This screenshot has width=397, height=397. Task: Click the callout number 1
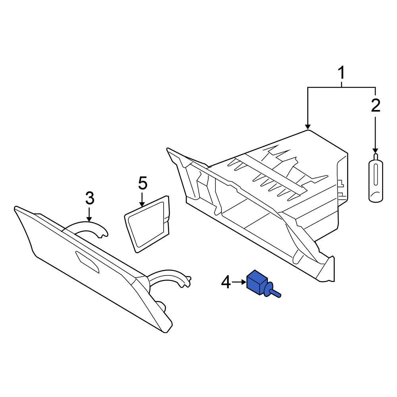click(341, 73)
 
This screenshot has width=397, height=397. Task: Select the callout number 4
click(226, 283)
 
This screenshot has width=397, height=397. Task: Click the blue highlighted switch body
click(256, 283)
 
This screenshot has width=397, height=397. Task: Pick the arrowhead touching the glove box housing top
click(308, 127)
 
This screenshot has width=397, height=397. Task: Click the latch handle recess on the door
click(87, 262)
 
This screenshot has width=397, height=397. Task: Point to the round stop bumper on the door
click(161, 306)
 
